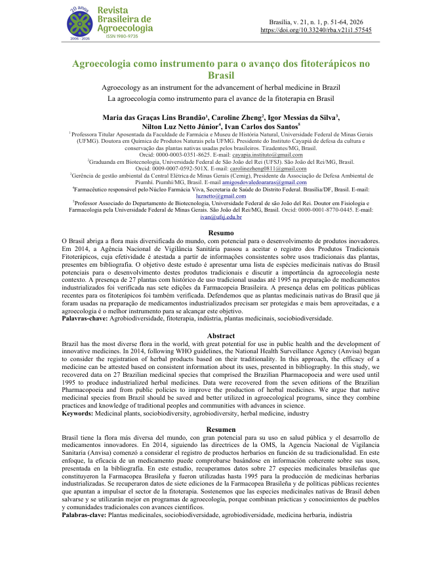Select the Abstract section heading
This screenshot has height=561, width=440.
(x=220, y=336)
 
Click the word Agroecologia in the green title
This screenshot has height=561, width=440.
(x=111, y=64)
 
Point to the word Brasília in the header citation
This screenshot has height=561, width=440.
(x=272, y=22)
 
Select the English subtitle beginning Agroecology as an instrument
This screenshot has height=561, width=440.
(x=220, y=87)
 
